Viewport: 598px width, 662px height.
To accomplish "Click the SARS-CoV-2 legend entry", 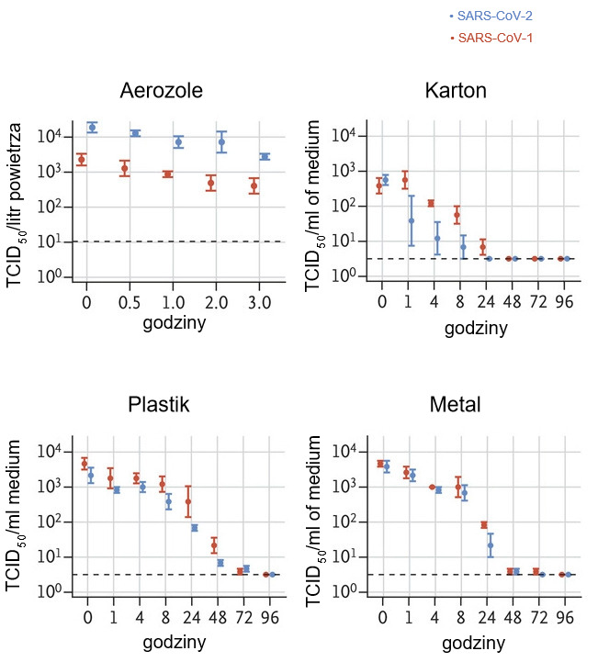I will pos(491,16).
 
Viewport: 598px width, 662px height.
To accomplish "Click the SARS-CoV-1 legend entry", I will pos(491,38).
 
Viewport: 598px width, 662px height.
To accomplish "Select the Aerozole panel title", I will pos(161,90).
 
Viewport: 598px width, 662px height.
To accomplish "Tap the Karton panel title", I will pos(456,90).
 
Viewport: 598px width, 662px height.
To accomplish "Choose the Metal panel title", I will pos(456,405).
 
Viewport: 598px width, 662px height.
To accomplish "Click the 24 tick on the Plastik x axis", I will pos(189,616).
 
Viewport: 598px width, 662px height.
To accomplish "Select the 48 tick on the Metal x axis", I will pos(511,616).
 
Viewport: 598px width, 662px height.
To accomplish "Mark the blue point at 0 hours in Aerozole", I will pos(92,127).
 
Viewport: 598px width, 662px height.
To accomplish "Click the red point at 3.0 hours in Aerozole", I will pos(254,186).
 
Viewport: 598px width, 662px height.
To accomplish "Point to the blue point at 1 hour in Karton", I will pos(412,220).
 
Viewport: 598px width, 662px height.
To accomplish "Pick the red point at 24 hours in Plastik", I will pos(188,501).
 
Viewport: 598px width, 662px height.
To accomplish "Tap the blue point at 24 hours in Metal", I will pos(490,545).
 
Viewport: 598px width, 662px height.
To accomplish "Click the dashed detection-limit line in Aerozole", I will pos(175,241).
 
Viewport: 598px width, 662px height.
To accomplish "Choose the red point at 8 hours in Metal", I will pos(457,486).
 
